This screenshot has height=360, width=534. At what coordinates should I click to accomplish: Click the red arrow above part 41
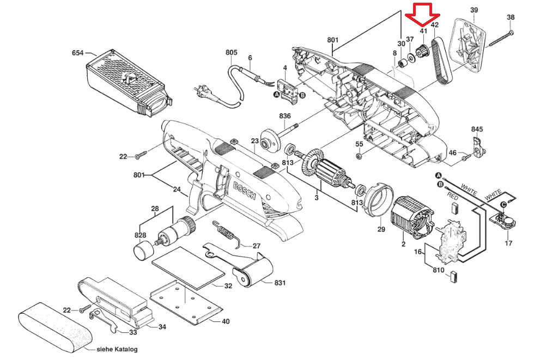(x=422, y=15)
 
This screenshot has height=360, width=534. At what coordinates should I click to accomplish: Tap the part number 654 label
(x=77, y=53)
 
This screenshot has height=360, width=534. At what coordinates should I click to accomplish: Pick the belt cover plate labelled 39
(x=470, y=44)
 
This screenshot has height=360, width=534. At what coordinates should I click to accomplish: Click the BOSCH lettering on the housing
(x=244, y=191)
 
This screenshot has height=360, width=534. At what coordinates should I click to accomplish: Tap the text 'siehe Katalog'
(x=117, y=349)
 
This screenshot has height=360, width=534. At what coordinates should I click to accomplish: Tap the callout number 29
(x=381, y=229)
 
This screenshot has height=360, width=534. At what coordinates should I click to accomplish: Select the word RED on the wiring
(x=452, y=196)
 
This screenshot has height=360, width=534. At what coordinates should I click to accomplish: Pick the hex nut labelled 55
(x=359, y=156)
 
